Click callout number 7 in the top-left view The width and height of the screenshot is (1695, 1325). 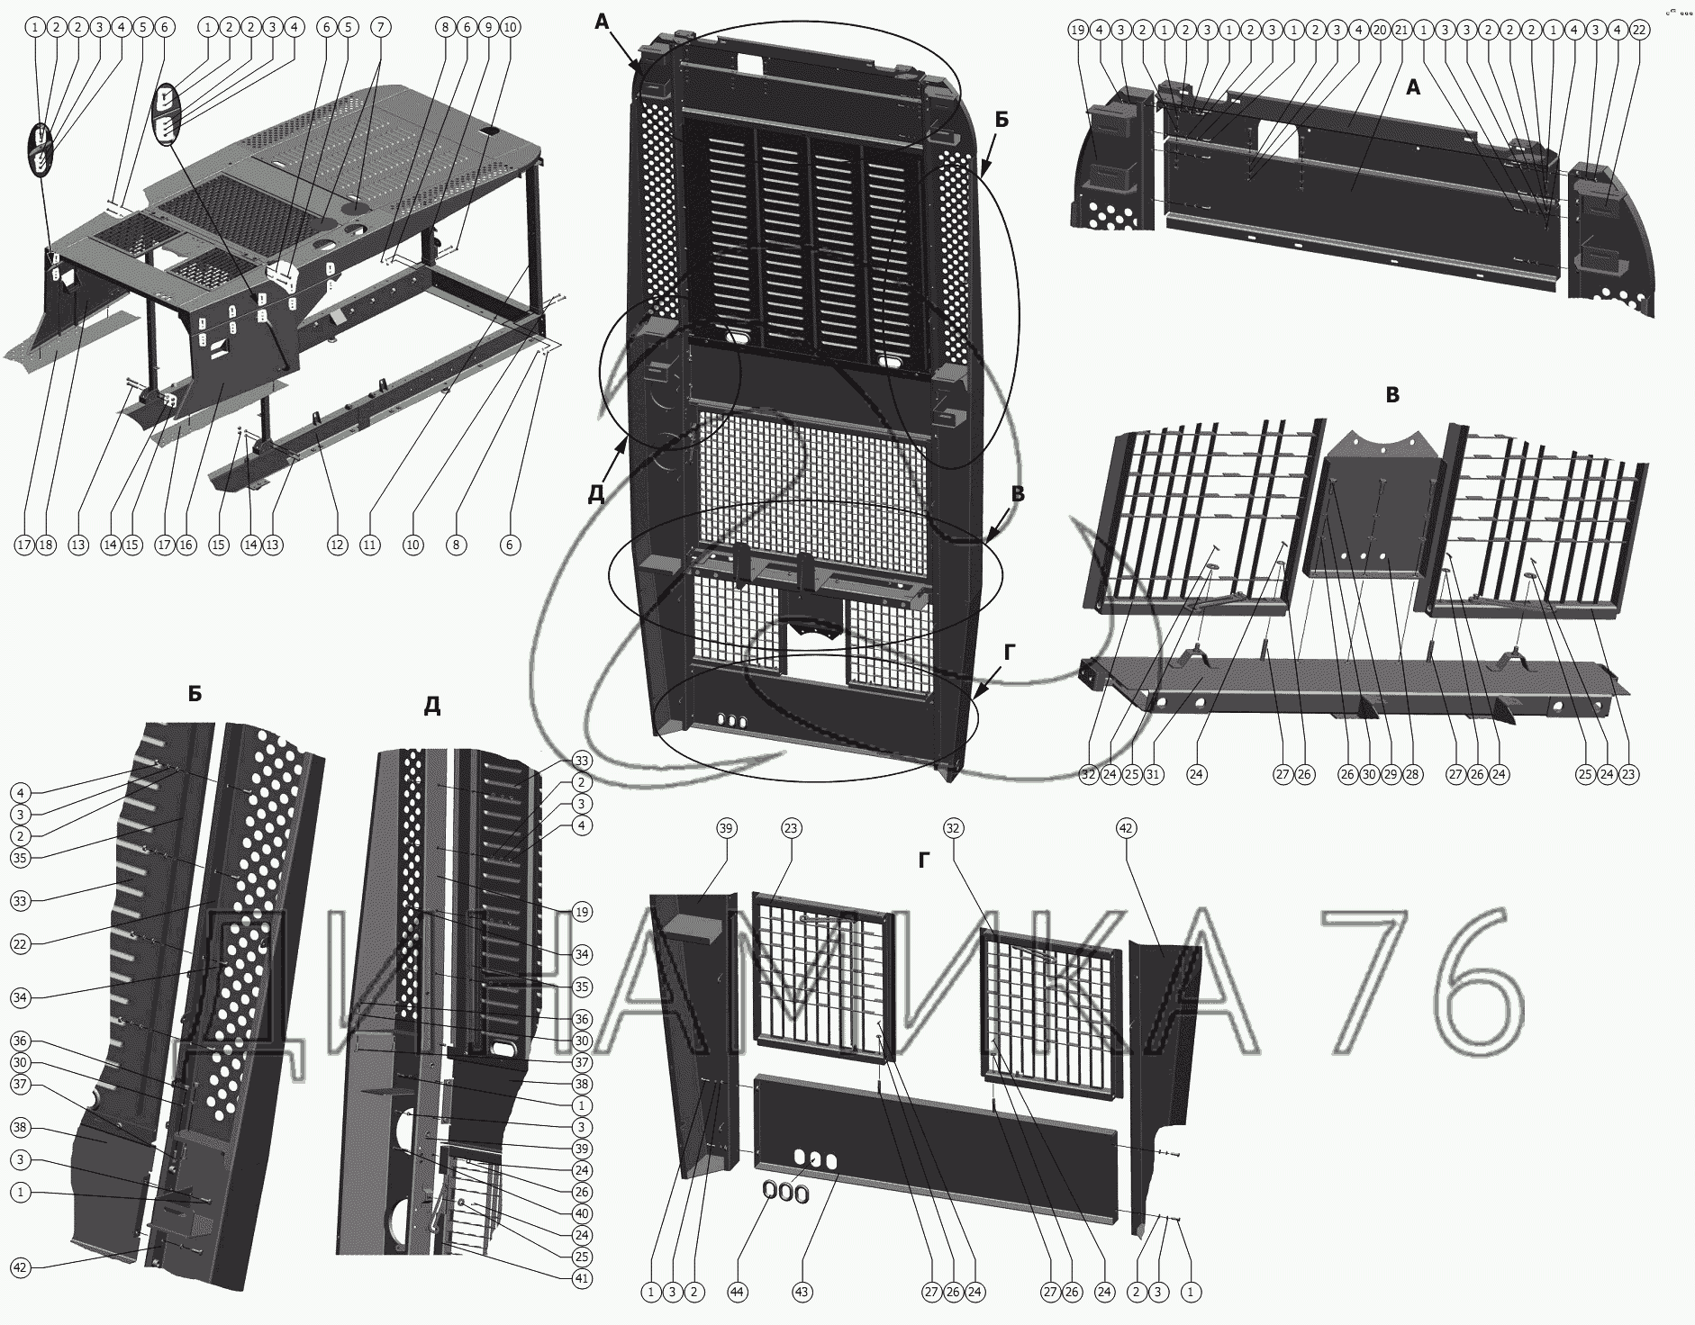380,28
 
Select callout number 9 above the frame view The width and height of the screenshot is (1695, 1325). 488,28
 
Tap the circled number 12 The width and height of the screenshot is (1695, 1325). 337,545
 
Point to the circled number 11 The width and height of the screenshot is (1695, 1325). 370,545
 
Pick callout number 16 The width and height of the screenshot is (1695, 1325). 186,545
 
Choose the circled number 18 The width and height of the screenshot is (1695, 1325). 46,545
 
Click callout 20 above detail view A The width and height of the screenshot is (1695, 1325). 1380,30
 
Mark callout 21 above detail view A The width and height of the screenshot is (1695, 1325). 1401,30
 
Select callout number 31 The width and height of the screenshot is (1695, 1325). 1154,773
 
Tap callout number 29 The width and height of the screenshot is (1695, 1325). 1391,773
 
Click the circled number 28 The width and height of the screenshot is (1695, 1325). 1412,773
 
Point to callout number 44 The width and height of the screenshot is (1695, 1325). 738,1292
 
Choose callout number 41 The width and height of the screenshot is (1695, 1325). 582,1278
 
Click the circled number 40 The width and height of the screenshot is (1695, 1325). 582,1213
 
